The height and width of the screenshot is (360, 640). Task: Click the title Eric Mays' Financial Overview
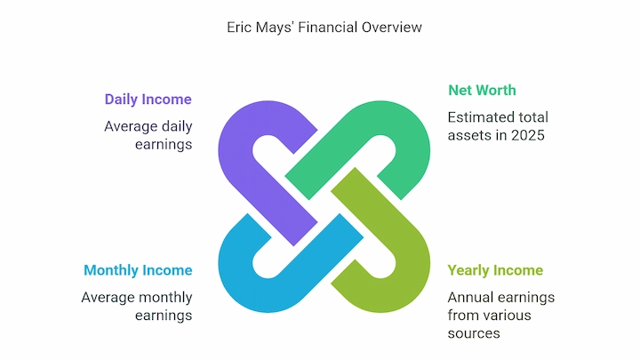pyautogui.click(x=324, y=28)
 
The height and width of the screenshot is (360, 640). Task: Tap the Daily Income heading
pyautogui.click(x=148, y=100)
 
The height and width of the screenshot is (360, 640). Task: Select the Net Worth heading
pyautogui.click(x=482, y=90)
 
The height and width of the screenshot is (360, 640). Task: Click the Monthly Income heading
pyautogui.click(x=138, y=270)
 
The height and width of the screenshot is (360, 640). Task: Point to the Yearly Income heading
pyautogui.click(x=495, y=270)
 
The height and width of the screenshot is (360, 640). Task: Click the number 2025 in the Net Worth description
pyautogui.click(x=527, y=135)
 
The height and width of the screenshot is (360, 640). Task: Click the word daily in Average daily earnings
pyautogui.click(x=177, y=126)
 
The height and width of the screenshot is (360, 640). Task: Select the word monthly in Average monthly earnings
pyautogui.click(x=165, y=298)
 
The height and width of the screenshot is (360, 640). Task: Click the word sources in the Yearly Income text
pyautogui.click(x=474, y=333)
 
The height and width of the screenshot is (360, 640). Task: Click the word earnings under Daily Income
pyautogui.click(x=164, y=145)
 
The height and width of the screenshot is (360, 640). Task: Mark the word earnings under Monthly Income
pyautogui.click(x=164, y=316)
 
